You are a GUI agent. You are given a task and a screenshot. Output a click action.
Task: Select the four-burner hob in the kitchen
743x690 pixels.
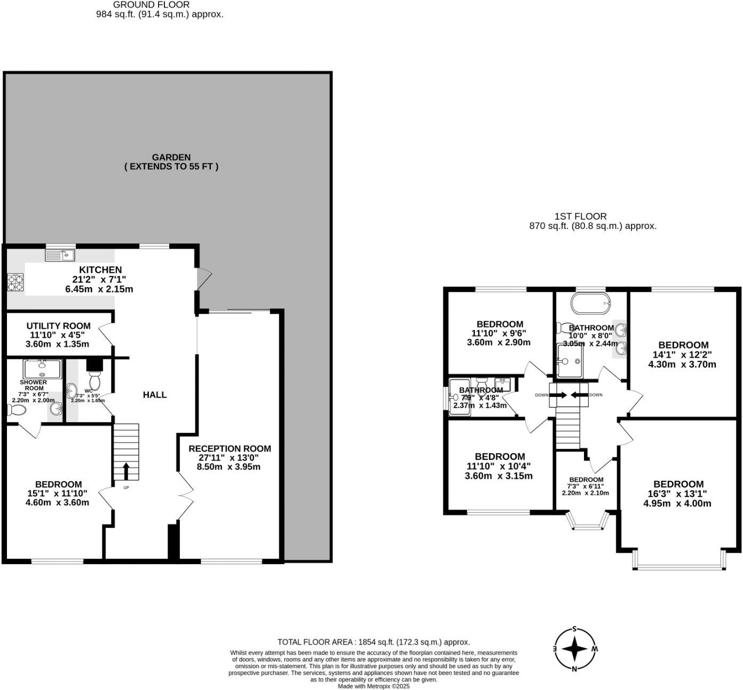pos(15,283)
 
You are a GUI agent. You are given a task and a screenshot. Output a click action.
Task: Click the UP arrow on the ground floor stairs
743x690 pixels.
pos(126,471)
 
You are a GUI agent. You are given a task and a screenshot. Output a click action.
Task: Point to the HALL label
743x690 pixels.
pos(155,395)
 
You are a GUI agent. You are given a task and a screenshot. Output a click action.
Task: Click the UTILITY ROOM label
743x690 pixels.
pos(59,326)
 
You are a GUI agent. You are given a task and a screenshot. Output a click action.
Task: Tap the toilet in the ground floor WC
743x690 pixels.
pos(95,380)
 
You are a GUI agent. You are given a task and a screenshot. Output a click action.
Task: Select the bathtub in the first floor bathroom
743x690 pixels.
pos(591,303)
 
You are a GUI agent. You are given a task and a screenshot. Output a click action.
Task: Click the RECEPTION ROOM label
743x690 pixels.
pos(230,449)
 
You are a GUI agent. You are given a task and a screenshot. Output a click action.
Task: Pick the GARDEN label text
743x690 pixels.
pos(171,157)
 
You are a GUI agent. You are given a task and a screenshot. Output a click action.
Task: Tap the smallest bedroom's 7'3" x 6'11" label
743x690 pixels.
pos(586,486)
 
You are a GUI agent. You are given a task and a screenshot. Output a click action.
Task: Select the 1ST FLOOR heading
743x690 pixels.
pos(580,216)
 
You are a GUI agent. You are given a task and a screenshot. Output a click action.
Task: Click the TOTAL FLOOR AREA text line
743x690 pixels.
pos(373,642)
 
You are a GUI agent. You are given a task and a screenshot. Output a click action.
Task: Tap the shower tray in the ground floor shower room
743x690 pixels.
pos(42,368)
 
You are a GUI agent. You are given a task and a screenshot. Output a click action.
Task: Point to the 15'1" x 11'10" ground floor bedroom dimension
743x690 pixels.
pos(59,494)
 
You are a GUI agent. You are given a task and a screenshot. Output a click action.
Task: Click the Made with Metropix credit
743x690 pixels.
pos(373,686)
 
